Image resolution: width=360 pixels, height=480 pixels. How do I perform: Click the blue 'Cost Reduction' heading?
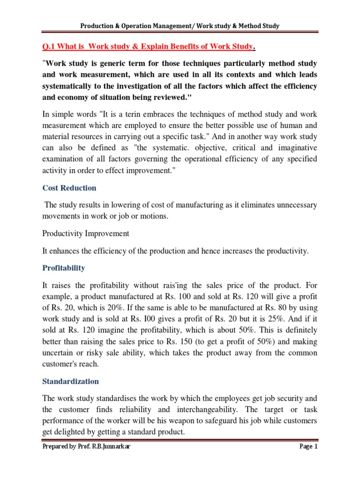pos(69,188)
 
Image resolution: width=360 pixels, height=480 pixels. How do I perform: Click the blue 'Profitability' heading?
pos(64,268)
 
